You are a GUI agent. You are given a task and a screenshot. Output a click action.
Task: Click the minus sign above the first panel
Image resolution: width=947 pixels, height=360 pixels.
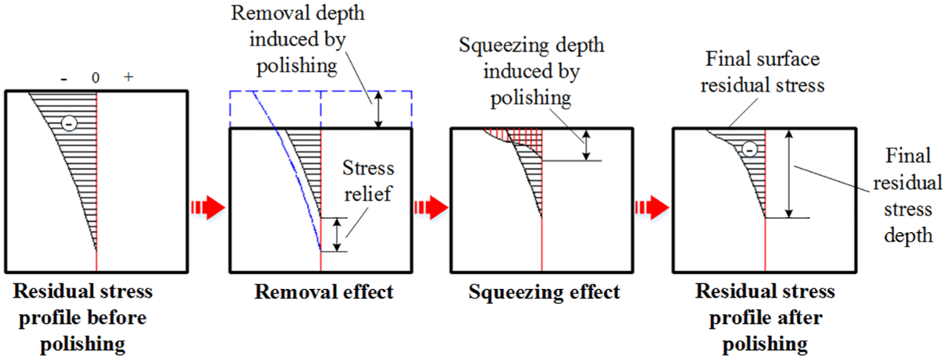click(64, 79)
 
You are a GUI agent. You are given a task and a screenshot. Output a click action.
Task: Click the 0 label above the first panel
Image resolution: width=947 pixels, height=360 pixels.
click(96, 78)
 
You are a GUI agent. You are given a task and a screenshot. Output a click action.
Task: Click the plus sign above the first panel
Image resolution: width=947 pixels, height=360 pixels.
click(129, 77)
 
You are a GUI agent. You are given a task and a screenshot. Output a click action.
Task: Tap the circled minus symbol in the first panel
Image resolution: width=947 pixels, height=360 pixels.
click(69, 124)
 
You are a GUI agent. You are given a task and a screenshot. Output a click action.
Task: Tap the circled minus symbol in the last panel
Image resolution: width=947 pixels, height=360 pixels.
click(750, 149)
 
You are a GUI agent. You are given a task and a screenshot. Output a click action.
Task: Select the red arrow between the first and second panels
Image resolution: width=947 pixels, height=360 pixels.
click(208, 207)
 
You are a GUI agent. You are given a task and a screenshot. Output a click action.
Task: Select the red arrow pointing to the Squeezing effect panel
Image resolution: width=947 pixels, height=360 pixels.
click(431, 207)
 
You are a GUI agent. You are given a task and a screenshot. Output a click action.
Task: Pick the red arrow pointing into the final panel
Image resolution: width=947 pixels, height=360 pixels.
click(652, 207)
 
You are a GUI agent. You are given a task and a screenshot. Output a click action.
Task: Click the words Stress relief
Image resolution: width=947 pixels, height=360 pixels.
click(368, 181)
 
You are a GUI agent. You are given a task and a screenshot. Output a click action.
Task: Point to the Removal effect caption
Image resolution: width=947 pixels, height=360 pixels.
click(324, 291)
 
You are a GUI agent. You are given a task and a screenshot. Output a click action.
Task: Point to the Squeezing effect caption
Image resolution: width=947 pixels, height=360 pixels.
click(544, 291)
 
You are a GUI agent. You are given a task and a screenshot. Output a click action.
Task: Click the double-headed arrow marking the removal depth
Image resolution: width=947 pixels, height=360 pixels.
click(379, 109)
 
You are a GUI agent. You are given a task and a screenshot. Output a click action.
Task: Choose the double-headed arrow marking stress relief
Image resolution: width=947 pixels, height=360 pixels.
click(337, 235)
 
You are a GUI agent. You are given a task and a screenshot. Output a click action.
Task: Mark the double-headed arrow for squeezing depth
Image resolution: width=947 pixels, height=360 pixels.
click(586, 145)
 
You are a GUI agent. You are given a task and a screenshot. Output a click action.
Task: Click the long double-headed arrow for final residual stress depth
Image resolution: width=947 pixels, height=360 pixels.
click(789, 174)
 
